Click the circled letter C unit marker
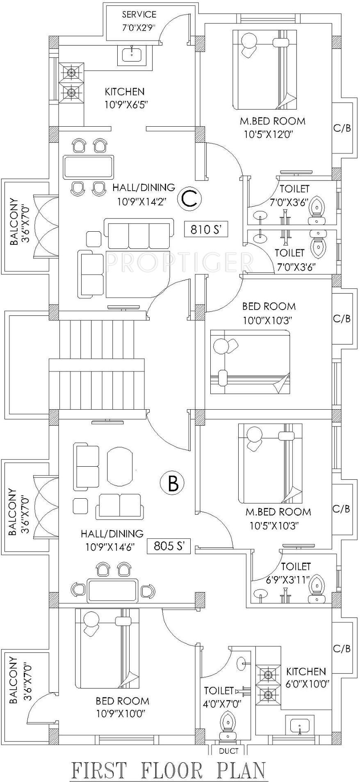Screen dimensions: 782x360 point(190,198)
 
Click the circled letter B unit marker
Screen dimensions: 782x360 point(173,483)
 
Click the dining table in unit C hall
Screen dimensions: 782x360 point(88,166)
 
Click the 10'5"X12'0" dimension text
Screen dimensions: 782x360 point(273,134)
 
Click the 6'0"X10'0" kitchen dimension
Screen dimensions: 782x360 point(306,684)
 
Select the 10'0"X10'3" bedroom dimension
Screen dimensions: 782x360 point(269,320)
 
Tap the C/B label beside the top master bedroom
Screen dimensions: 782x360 point(342,128)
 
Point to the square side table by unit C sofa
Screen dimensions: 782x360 point(94,239)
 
